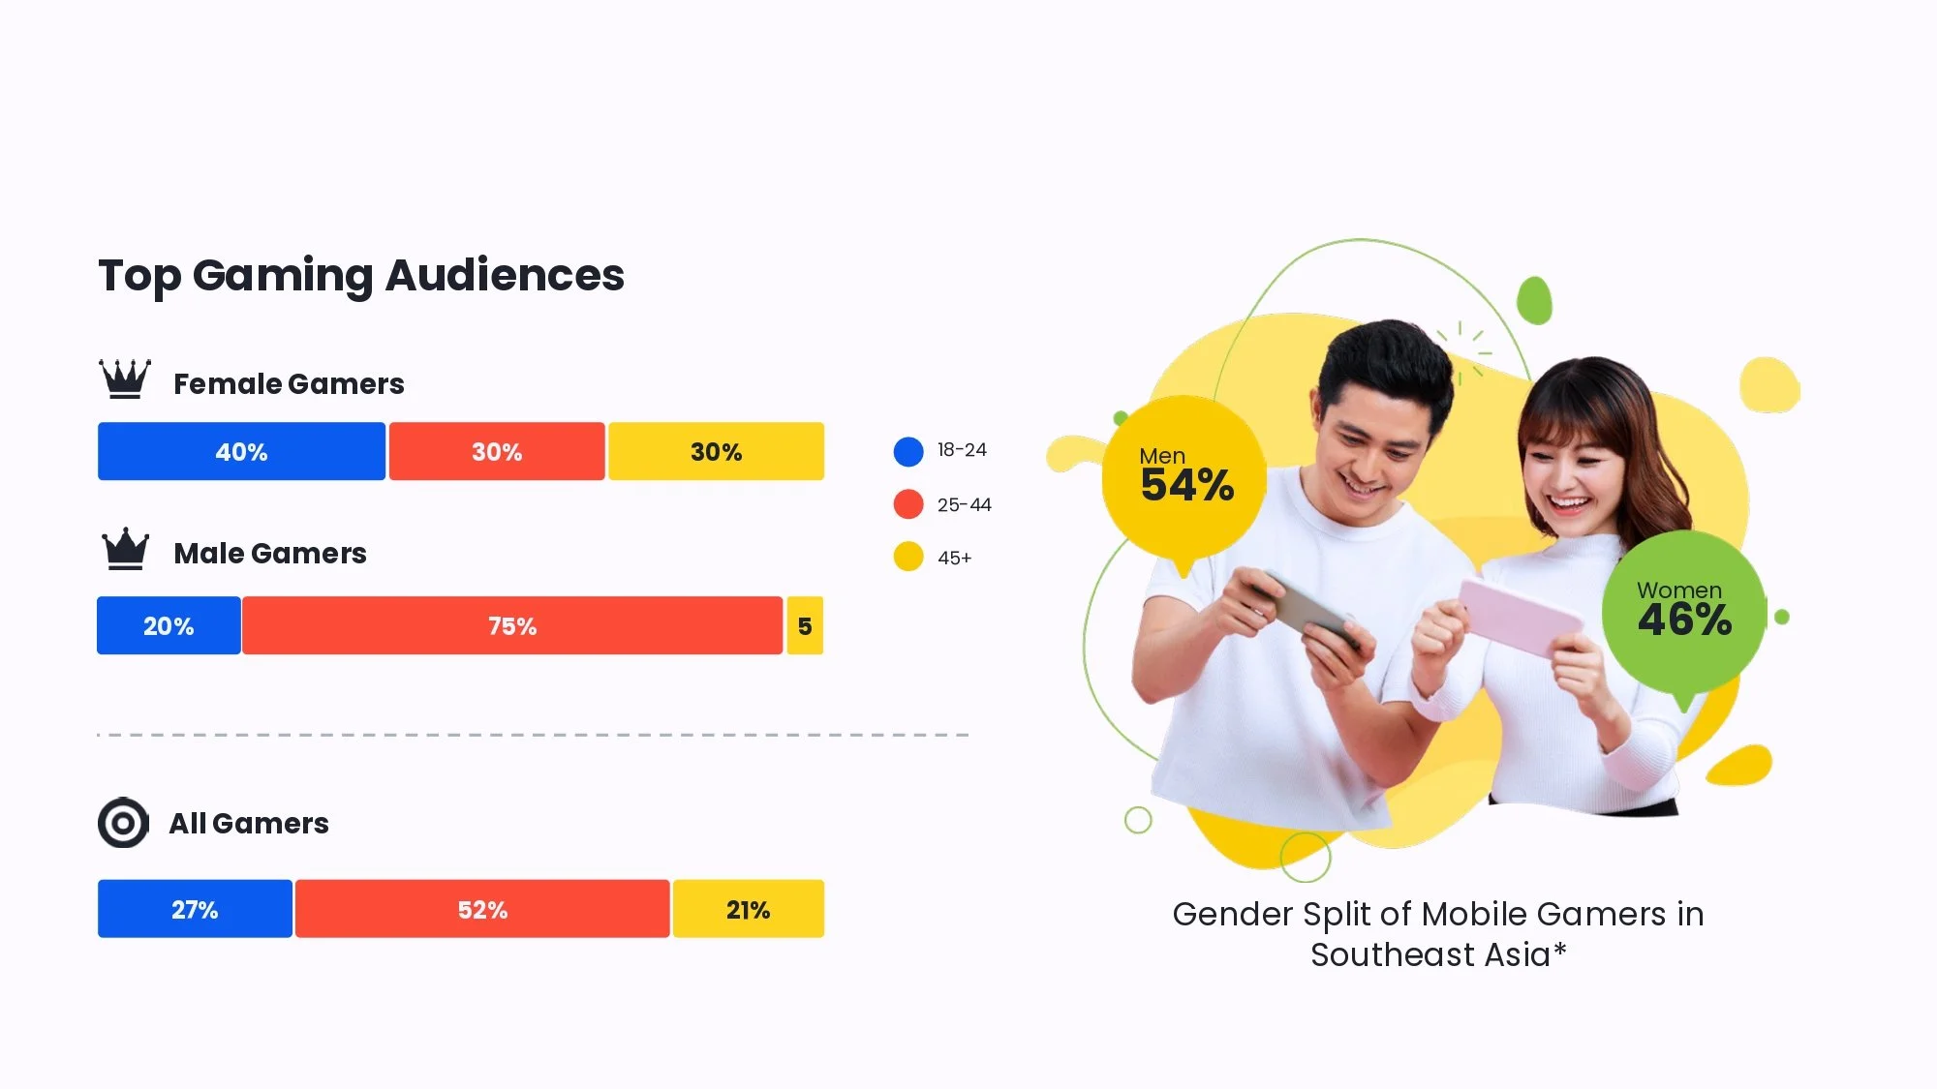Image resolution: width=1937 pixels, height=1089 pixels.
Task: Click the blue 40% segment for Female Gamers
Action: click(x=241, y=451)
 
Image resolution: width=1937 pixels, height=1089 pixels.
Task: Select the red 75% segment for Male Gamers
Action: click(x=512, y=625)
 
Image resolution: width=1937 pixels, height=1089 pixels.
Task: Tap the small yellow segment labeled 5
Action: click(x=805, y=625)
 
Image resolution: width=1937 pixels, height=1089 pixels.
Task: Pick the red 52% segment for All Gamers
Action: click(x=482, y=909)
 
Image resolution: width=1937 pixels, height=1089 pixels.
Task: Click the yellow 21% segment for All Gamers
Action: click(x=748, y=909)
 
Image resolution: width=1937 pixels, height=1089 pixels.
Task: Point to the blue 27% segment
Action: click(x=195, y=909)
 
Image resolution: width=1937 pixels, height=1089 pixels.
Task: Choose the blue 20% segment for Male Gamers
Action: click(x=169, y=625)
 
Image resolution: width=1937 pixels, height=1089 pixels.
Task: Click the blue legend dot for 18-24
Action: click(x=908, y=451)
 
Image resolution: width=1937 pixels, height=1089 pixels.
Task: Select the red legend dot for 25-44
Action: click(x=908, y=504)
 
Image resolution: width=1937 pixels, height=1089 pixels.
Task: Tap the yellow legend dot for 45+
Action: click(x=908, y=557)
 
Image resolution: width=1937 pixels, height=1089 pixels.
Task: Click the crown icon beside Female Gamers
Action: click(x=125, y=378)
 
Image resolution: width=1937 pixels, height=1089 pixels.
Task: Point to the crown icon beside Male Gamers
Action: click(x=126, y=549)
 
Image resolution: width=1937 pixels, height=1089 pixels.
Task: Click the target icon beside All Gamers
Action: click(x=123, y=823)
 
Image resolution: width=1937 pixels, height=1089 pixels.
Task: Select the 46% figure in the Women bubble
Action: click(x=1684, y=620)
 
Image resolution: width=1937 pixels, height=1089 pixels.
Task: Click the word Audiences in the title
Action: click(x=505, y=275)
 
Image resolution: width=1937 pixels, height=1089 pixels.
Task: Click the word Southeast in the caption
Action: click(x=1395, y=954)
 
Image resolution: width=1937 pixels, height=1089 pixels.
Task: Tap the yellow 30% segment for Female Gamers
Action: click(x=716, y=451)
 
